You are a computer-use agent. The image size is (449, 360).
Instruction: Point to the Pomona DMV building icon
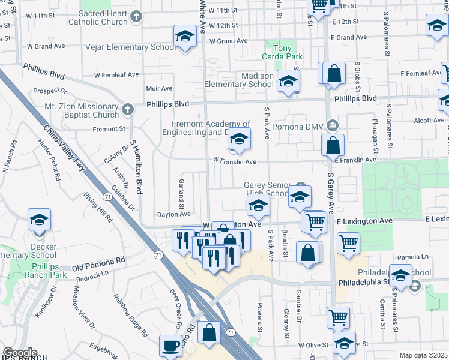(x=333, y=125)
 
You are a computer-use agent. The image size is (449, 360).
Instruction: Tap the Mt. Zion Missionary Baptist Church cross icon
(x=127, y=109)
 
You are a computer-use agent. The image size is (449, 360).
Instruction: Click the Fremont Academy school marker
(x=239, y=140)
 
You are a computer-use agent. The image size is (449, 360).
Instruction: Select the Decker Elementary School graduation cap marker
(x=40, y=220)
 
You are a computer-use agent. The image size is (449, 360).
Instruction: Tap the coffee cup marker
(x=170, y=346)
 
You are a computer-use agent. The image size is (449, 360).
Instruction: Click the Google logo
(x=20, y=353)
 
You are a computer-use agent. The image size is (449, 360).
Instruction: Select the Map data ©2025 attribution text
(x=423, y=355)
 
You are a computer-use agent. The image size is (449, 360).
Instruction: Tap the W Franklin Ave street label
(x=235, y=161)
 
